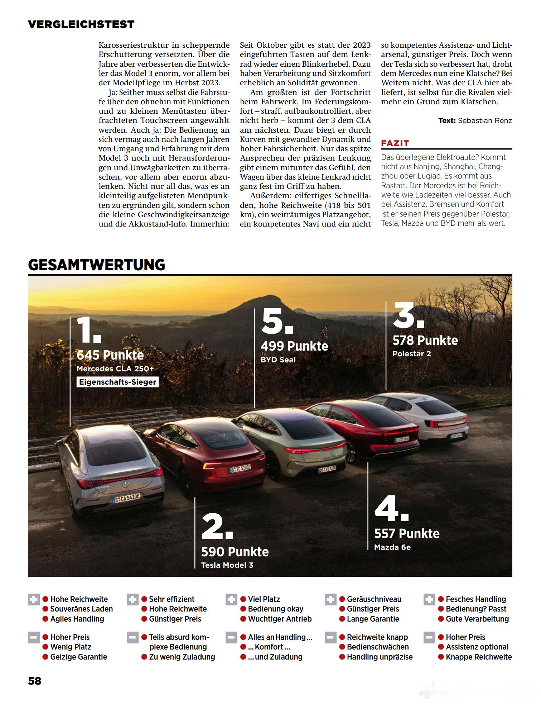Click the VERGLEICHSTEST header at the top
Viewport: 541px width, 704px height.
81,24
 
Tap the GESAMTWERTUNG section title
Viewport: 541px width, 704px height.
96,265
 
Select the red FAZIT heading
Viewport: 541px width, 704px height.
395,143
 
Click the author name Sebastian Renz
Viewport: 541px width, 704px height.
485,121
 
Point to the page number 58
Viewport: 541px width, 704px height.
35,681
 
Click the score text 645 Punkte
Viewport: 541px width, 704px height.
110,355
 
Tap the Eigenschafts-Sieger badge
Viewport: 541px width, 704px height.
117,382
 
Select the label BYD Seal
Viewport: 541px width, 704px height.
278,360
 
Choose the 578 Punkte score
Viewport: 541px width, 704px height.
425,341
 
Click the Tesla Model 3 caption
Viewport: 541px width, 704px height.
227,565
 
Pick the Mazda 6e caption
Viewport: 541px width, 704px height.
392,547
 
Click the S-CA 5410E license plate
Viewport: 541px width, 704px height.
127,498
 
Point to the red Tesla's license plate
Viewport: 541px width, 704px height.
240,468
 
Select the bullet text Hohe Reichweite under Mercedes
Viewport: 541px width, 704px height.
79,599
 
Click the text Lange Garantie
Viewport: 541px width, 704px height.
373,619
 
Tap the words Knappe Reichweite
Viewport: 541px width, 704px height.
479,657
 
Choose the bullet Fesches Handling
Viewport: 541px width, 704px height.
475,599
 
